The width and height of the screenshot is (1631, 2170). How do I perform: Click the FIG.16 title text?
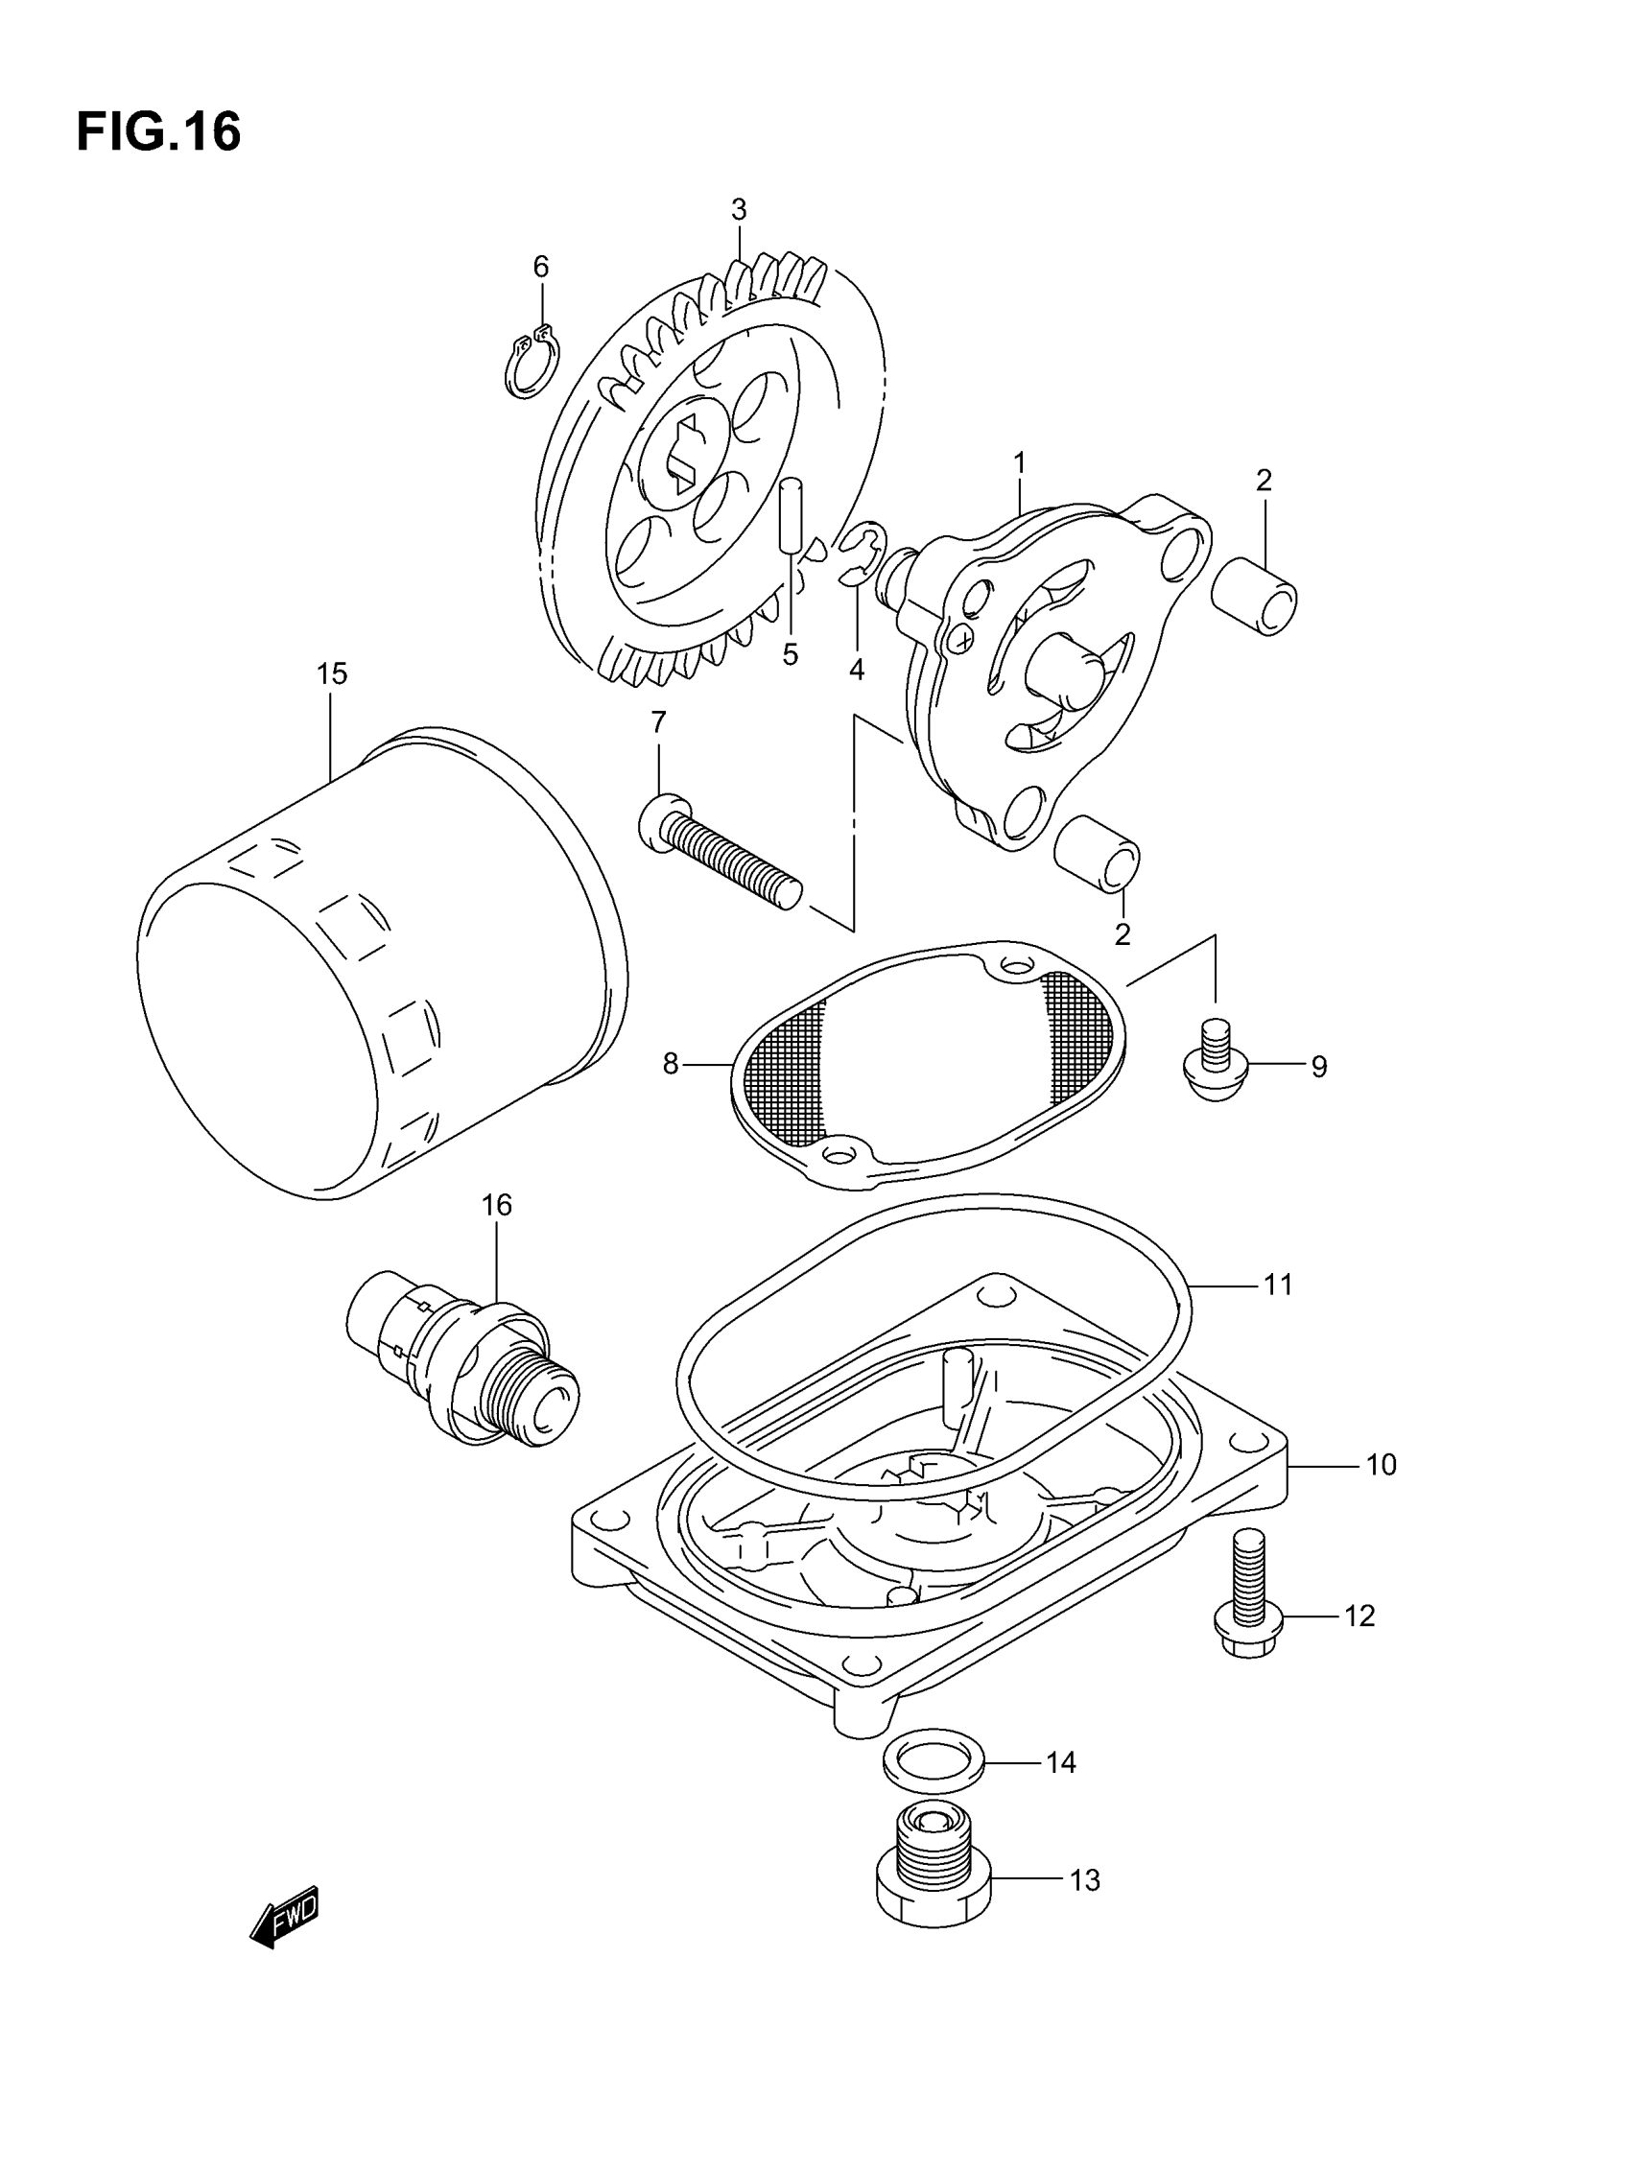(158, 132)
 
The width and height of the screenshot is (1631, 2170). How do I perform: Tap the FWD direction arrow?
(286, 1914)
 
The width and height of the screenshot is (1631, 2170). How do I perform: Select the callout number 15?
(332, 674)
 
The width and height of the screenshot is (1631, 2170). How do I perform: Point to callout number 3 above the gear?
(739, 209)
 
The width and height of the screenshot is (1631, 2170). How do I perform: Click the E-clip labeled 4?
(863, 554)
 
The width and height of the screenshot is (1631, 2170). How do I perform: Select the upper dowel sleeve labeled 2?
(1253, 596)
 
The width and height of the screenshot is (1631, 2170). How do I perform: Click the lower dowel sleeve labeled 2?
(1098, 853)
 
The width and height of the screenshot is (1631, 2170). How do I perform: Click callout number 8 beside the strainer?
(671, 1064)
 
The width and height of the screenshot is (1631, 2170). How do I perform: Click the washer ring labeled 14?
(934, 1762)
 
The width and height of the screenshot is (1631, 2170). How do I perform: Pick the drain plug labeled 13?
(934, 1871)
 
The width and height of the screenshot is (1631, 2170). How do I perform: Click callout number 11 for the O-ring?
(1278, 1285)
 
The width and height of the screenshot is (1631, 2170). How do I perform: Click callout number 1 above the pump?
(1020, 462)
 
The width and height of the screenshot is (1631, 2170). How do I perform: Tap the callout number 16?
(497, 1205)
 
